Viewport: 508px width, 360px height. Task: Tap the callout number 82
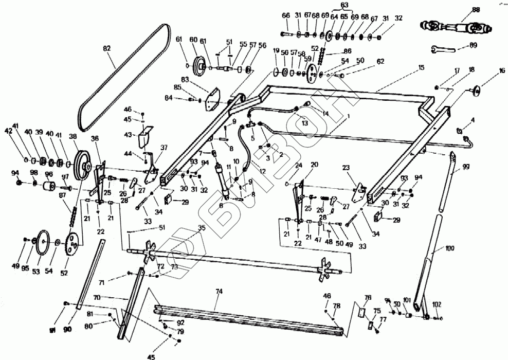click(107, 48)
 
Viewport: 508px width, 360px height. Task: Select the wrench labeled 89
click(443, 49)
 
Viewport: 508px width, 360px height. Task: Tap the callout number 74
click(219, 291)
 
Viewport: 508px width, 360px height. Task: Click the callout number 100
click(450, 248)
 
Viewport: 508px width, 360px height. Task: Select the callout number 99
click(466, 166)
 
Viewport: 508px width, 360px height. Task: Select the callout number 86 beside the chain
click(348, 51)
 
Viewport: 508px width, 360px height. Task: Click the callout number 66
click(286, 16)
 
